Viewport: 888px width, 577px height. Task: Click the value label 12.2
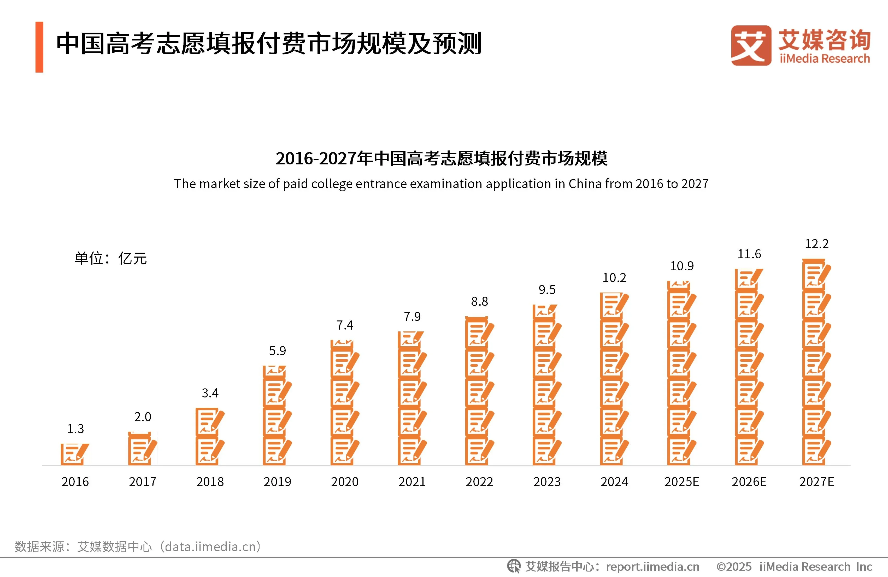coord(816,244)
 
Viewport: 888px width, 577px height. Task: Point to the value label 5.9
coord(277,351)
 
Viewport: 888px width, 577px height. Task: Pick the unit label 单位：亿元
coord(110,258)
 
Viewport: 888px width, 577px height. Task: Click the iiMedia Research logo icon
coord(751,45)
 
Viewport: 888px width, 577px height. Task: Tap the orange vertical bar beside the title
coord(39,47)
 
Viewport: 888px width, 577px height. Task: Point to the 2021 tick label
coord(412,482)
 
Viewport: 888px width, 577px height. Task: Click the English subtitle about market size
coord(441,184)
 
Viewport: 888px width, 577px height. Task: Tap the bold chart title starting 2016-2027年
coord(441,158)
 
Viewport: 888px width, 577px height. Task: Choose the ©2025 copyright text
coord(733,567)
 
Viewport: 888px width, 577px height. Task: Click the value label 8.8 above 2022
coord(479,302)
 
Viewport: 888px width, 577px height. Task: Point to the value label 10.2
coord(614,278)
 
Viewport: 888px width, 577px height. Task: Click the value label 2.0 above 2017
coord(143,417)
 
